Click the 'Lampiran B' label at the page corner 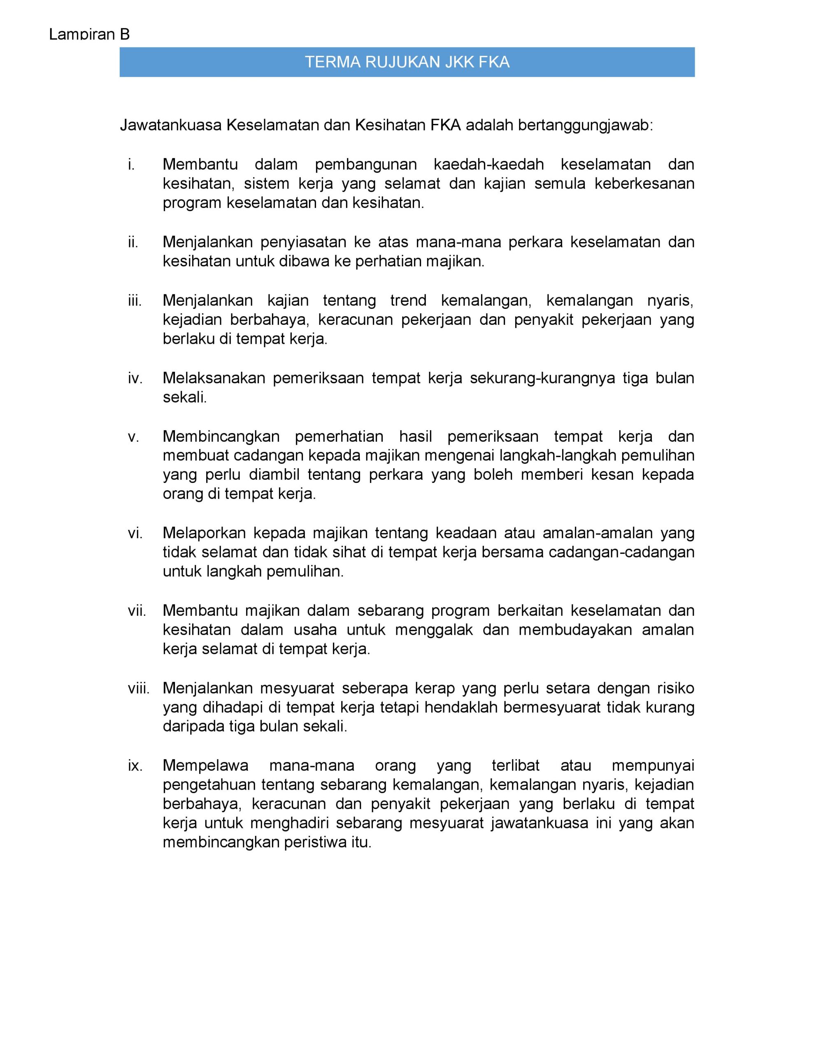coord(89,34)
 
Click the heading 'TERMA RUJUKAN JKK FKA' coord(407,62)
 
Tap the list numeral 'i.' coord(131,165)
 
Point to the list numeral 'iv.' coord(135,378)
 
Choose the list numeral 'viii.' coord(139,688)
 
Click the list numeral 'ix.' coord(135,765)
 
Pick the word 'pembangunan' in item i coord(366,165)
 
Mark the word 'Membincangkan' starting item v coord(221,436)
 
